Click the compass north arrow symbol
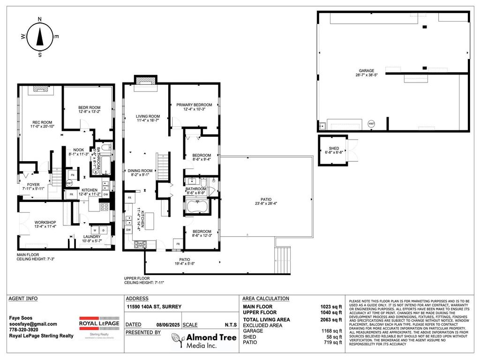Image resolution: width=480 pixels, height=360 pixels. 40,36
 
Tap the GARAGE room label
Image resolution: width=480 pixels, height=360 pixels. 364,71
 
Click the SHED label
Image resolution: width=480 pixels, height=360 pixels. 333,149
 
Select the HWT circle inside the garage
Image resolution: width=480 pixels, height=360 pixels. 371,124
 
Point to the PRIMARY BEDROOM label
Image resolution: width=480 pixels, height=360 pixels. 194,105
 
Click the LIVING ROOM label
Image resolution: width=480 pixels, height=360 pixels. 148,116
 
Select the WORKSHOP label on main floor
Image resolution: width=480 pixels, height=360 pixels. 45,222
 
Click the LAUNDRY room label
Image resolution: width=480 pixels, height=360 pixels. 92,237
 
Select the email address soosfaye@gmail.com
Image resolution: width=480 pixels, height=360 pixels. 33,324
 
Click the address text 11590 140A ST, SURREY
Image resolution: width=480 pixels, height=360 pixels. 154,307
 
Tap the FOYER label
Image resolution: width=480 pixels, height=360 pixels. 33,185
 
